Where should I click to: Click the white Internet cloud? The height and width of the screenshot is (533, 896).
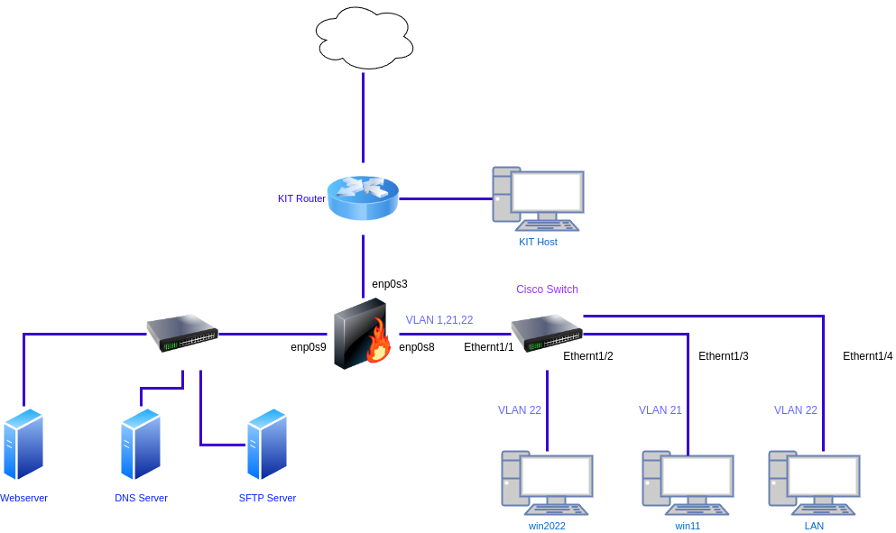[x=364, y=38]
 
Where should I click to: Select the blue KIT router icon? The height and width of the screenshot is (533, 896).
[x=363, y=198]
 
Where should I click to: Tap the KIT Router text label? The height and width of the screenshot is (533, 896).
[x=301, y=198]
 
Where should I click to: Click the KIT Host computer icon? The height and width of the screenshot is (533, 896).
[x=538, y=194]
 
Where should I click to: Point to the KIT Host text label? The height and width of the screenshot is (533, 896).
[x=538, y=242]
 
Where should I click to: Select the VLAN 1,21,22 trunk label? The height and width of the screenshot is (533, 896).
[x=439, y=320]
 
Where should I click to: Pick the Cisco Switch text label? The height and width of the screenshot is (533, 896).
[x=547, y=289]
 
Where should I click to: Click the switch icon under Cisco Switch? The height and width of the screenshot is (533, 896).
[x=547, y=332]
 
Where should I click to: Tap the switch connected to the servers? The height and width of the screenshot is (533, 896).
[x=182, y=332]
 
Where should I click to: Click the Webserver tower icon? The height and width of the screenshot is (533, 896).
[x=23, y=444]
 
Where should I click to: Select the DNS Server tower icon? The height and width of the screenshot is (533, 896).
[x=141, y=444]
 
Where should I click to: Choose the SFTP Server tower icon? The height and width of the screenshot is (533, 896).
[x=267, y=444]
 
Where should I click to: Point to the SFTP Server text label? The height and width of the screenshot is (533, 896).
[x=267, y=498]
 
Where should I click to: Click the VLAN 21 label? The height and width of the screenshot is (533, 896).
[x=660, y=410]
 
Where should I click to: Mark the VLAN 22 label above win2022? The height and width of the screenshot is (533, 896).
[x=520, y=410]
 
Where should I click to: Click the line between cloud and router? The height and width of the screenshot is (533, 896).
[x=364, y=117]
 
